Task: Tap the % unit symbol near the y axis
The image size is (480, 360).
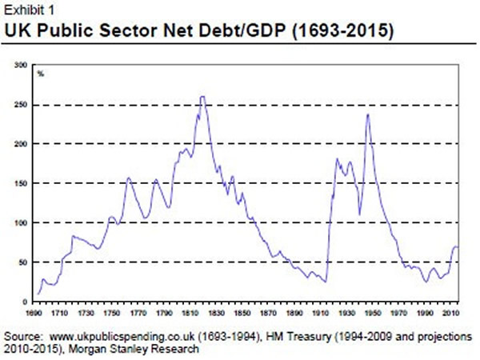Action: click(x=40, y=74)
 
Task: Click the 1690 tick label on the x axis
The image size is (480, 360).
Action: click(x=35, y=313)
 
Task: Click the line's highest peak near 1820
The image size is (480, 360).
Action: click(x=202, y=97)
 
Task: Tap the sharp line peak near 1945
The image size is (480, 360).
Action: click(x=367, y=114)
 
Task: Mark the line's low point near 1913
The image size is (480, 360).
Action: click(x=326, y=282)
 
